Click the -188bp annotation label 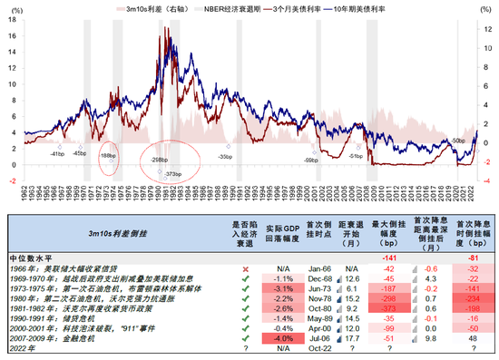pos(107,157)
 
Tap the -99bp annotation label pos(310,161)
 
